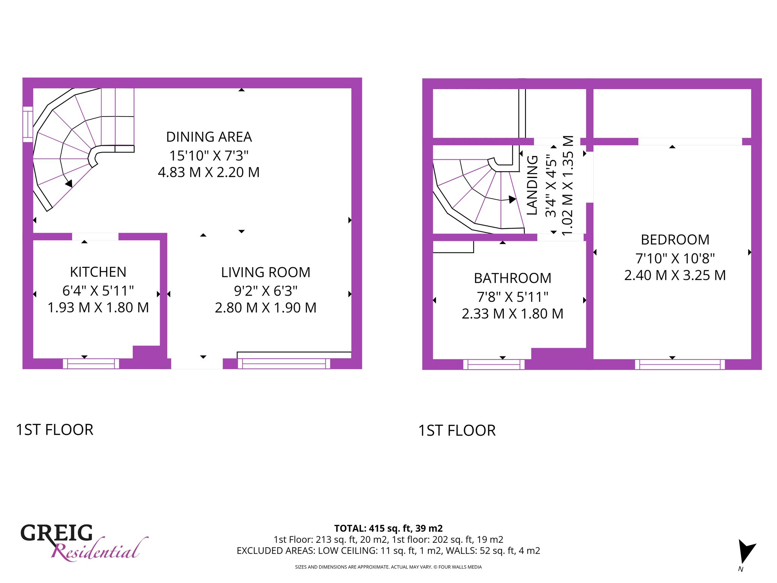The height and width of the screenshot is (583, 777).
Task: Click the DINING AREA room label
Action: (x=209, y=137)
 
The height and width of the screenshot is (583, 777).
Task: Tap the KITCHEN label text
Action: (x=98, y=272)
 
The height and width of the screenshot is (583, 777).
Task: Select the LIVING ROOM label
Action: (x=266, y=273)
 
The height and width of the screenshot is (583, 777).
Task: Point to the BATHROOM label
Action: (x=513, y=278)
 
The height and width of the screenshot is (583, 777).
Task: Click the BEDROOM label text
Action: (x=675, y=240)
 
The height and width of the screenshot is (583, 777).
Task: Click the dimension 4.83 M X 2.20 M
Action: (x=209, y=172)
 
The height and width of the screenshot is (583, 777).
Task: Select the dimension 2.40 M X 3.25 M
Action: (x=675, y=276)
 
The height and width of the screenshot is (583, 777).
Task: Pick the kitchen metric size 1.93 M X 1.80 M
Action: (x=98, y=308)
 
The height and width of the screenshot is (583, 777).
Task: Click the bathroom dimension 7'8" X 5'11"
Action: (x=513, y=297)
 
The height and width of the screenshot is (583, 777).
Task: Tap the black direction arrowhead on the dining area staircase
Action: (x=69, y=184)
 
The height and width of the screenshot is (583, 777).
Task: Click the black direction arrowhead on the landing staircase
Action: (x=512, y=199)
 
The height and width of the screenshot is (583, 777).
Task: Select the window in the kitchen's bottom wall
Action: (x=91, y=364)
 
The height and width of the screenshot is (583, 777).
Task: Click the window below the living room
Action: (x=284, y=364)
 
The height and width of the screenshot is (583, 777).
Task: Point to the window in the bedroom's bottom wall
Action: (x=680, y=364)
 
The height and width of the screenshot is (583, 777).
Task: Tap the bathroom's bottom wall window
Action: (x=494, y=364)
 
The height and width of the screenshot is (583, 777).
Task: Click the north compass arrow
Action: (x=746, y=551)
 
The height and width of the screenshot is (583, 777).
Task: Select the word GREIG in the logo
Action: (x=57, y=533)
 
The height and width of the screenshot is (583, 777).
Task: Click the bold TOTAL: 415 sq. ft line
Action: (x=388, y=528)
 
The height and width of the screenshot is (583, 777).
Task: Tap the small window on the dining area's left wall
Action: (x=28, y=124)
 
